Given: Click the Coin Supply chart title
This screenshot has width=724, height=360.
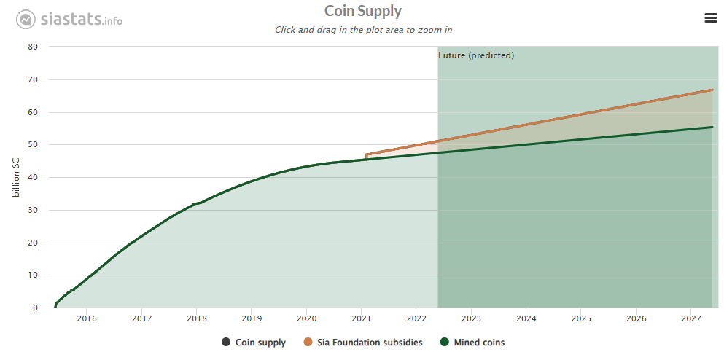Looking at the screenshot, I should click(x=362, y=11).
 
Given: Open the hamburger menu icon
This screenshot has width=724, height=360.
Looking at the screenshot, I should click(x=711, y=18).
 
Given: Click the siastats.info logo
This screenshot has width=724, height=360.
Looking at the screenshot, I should click(x=70, y=19).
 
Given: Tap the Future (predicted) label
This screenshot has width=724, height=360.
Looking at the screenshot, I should click(x=476, y=55).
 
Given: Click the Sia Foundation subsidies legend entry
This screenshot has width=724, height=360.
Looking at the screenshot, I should click(x=369, y=343).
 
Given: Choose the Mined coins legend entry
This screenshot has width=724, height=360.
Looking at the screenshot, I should click(x=473, y=343).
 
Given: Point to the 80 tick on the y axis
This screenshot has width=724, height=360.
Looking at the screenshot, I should click(x=33, y=47).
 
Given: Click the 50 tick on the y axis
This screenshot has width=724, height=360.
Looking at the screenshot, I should click(x=33, y=145).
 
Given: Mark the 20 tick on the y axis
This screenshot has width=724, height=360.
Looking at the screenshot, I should click(x=33, y=243).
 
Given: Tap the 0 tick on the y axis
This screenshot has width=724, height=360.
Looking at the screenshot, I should click(x=35, y=308).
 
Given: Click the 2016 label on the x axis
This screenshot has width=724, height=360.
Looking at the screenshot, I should click(x=87, y=318).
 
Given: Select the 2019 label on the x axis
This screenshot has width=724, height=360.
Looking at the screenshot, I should click(x=252, y=318).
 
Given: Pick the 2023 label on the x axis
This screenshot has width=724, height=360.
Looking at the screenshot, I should click(x=471, y=318).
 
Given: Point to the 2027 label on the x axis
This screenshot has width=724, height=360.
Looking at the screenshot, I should click(x=690, y=318).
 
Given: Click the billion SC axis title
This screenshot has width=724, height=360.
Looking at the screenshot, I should click(x=17, y=177).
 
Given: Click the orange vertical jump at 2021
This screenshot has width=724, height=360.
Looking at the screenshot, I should click(x=366, y=157).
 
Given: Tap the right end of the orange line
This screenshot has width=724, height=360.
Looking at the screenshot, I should click(x=712, y=90).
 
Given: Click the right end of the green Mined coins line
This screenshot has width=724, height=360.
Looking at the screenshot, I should click(x=712, y=128).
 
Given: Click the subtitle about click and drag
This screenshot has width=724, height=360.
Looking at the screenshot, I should click(x=362, y=30).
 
